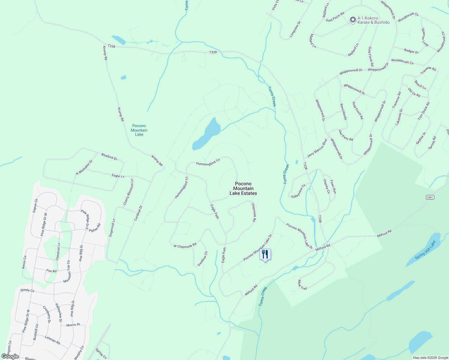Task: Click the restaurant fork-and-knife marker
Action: (x=265, y=254)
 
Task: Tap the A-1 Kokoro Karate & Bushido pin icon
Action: (x=353, y=20)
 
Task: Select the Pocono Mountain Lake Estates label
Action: (x=243, y=188)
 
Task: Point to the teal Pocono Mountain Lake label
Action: (x=139, y=130)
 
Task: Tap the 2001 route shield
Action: (x=430, y=197)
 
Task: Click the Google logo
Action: (x=10, y=356)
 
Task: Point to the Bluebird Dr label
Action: (x=109, y=156)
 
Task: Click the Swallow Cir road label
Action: (x=203, y=259)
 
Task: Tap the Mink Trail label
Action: (x=302, y=285)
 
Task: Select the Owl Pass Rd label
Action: (x=346, y=135)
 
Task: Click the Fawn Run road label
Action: (x=333, y=186)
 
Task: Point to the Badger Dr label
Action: (x=411, y=51)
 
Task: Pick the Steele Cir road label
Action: (x=27, y=290)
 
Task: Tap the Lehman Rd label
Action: (x=52, y=340)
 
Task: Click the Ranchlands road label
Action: (x=343, y=112)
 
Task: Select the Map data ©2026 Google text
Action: (x=430, y=358)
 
